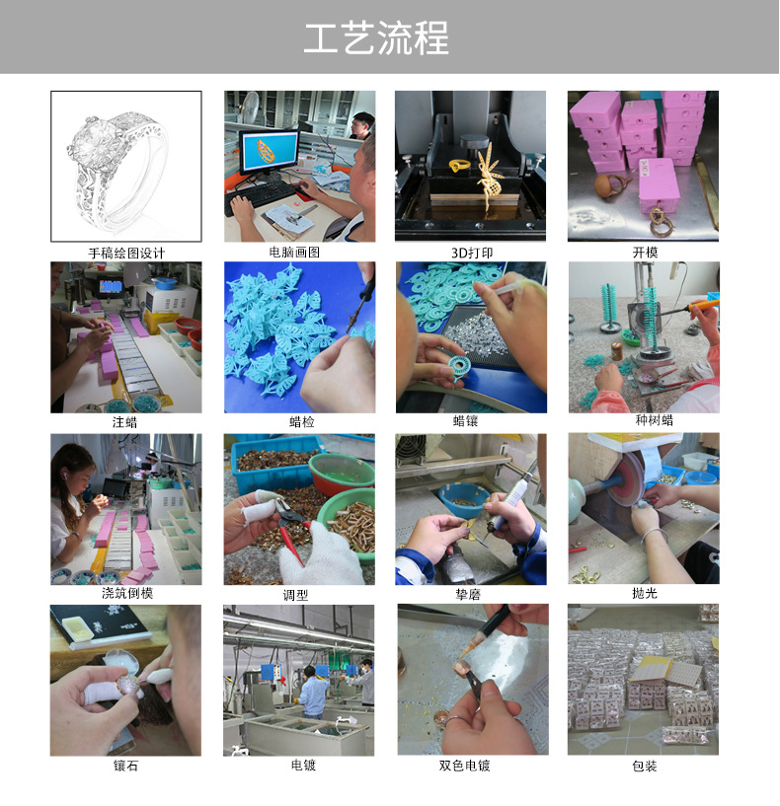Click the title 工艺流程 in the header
pyautogui.click(x=376, y=38)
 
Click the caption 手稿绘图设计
pyautogui.click(x=126, y=253)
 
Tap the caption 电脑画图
pyautogui.click(x=298, y=253)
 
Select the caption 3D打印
pyautogui.click(x=471, y=253)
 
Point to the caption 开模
pyautogui.click(x=644, y=253)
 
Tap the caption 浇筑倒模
pyautogui.click(x=126, y=594)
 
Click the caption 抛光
pyautogui.click(x=644, y=594)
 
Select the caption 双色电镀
pyautogui.click(x=471, y=766)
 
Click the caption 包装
pyautogui.click(x=644, y=766)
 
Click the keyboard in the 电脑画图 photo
pyautogui.click(x=265, y=192)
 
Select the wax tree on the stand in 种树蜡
pyautogui.click(x=651, y=313)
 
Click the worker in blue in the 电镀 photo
pyautogui.click(x=314, y=691)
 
